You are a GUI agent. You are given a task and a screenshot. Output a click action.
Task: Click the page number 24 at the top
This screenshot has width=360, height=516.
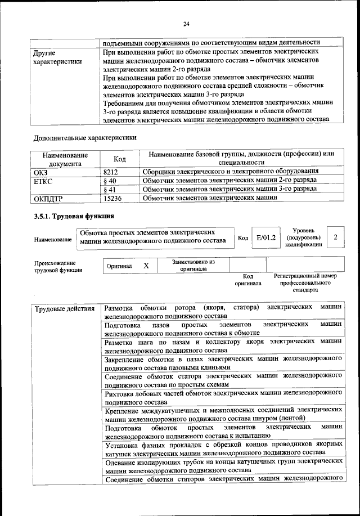coord(186,24)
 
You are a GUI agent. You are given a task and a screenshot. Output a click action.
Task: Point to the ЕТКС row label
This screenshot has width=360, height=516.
coord(44,181)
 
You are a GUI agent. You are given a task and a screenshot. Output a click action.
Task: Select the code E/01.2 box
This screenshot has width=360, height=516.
coord(265,238)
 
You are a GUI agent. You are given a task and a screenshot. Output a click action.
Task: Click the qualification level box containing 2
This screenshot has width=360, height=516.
coord(335,237)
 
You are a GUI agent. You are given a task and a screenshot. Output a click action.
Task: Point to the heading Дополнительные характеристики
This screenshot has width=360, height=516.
coord(84,137)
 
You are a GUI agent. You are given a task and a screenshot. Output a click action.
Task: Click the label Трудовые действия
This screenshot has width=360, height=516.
coord(65,308)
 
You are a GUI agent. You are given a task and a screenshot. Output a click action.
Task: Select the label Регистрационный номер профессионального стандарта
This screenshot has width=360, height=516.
coord(305,284)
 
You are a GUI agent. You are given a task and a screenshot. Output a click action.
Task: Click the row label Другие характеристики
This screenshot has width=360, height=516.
coord(58,57)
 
